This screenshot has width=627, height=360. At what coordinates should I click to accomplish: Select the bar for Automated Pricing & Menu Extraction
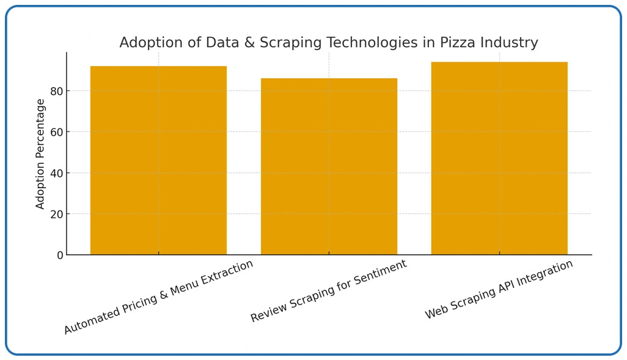158,160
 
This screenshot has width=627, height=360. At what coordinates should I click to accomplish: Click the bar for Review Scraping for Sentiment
329,166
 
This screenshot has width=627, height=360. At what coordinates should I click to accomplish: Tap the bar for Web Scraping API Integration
499,158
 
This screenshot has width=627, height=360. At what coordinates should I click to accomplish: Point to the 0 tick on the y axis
60,255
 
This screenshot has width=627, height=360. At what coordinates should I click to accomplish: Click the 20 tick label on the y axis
57,214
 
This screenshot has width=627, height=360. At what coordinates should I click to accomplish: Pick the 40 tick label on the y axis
57,173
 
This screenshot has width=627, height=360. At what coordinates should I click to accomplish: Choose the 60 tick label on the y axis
57,132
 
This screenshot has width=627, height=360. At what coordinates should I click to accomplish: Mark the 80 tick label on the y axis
57,91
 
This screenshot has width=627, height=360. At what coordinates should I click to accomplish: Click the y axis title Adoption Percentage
41,153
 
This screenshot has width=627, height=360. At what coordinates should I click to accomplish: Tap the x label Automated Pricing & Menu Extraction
158,297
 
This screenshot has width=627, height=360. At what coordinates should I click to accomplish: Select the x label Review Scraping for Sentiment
329,291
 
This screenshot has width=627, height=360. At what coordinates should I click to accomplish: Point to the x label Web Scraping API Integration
499,289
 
